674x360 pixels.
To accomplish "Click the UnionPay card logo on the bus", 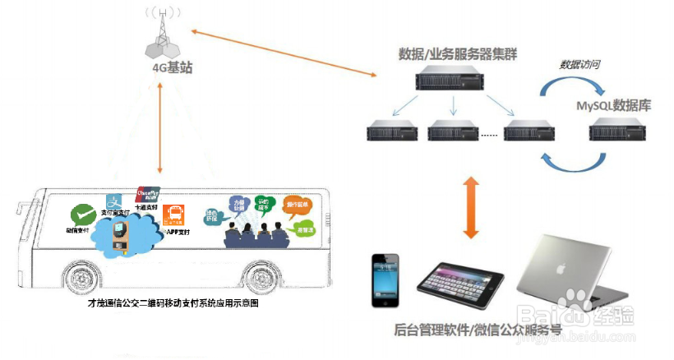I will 146,195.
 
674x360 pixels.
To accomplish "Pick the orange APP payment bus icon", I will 173,216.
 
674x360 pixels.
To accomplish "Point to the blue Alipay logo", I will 114,201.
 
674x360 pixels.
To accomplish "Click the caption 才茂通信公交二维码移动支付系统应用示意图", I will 174,303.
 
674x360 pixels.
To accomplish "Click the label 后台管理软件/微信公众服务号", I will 478,331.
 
